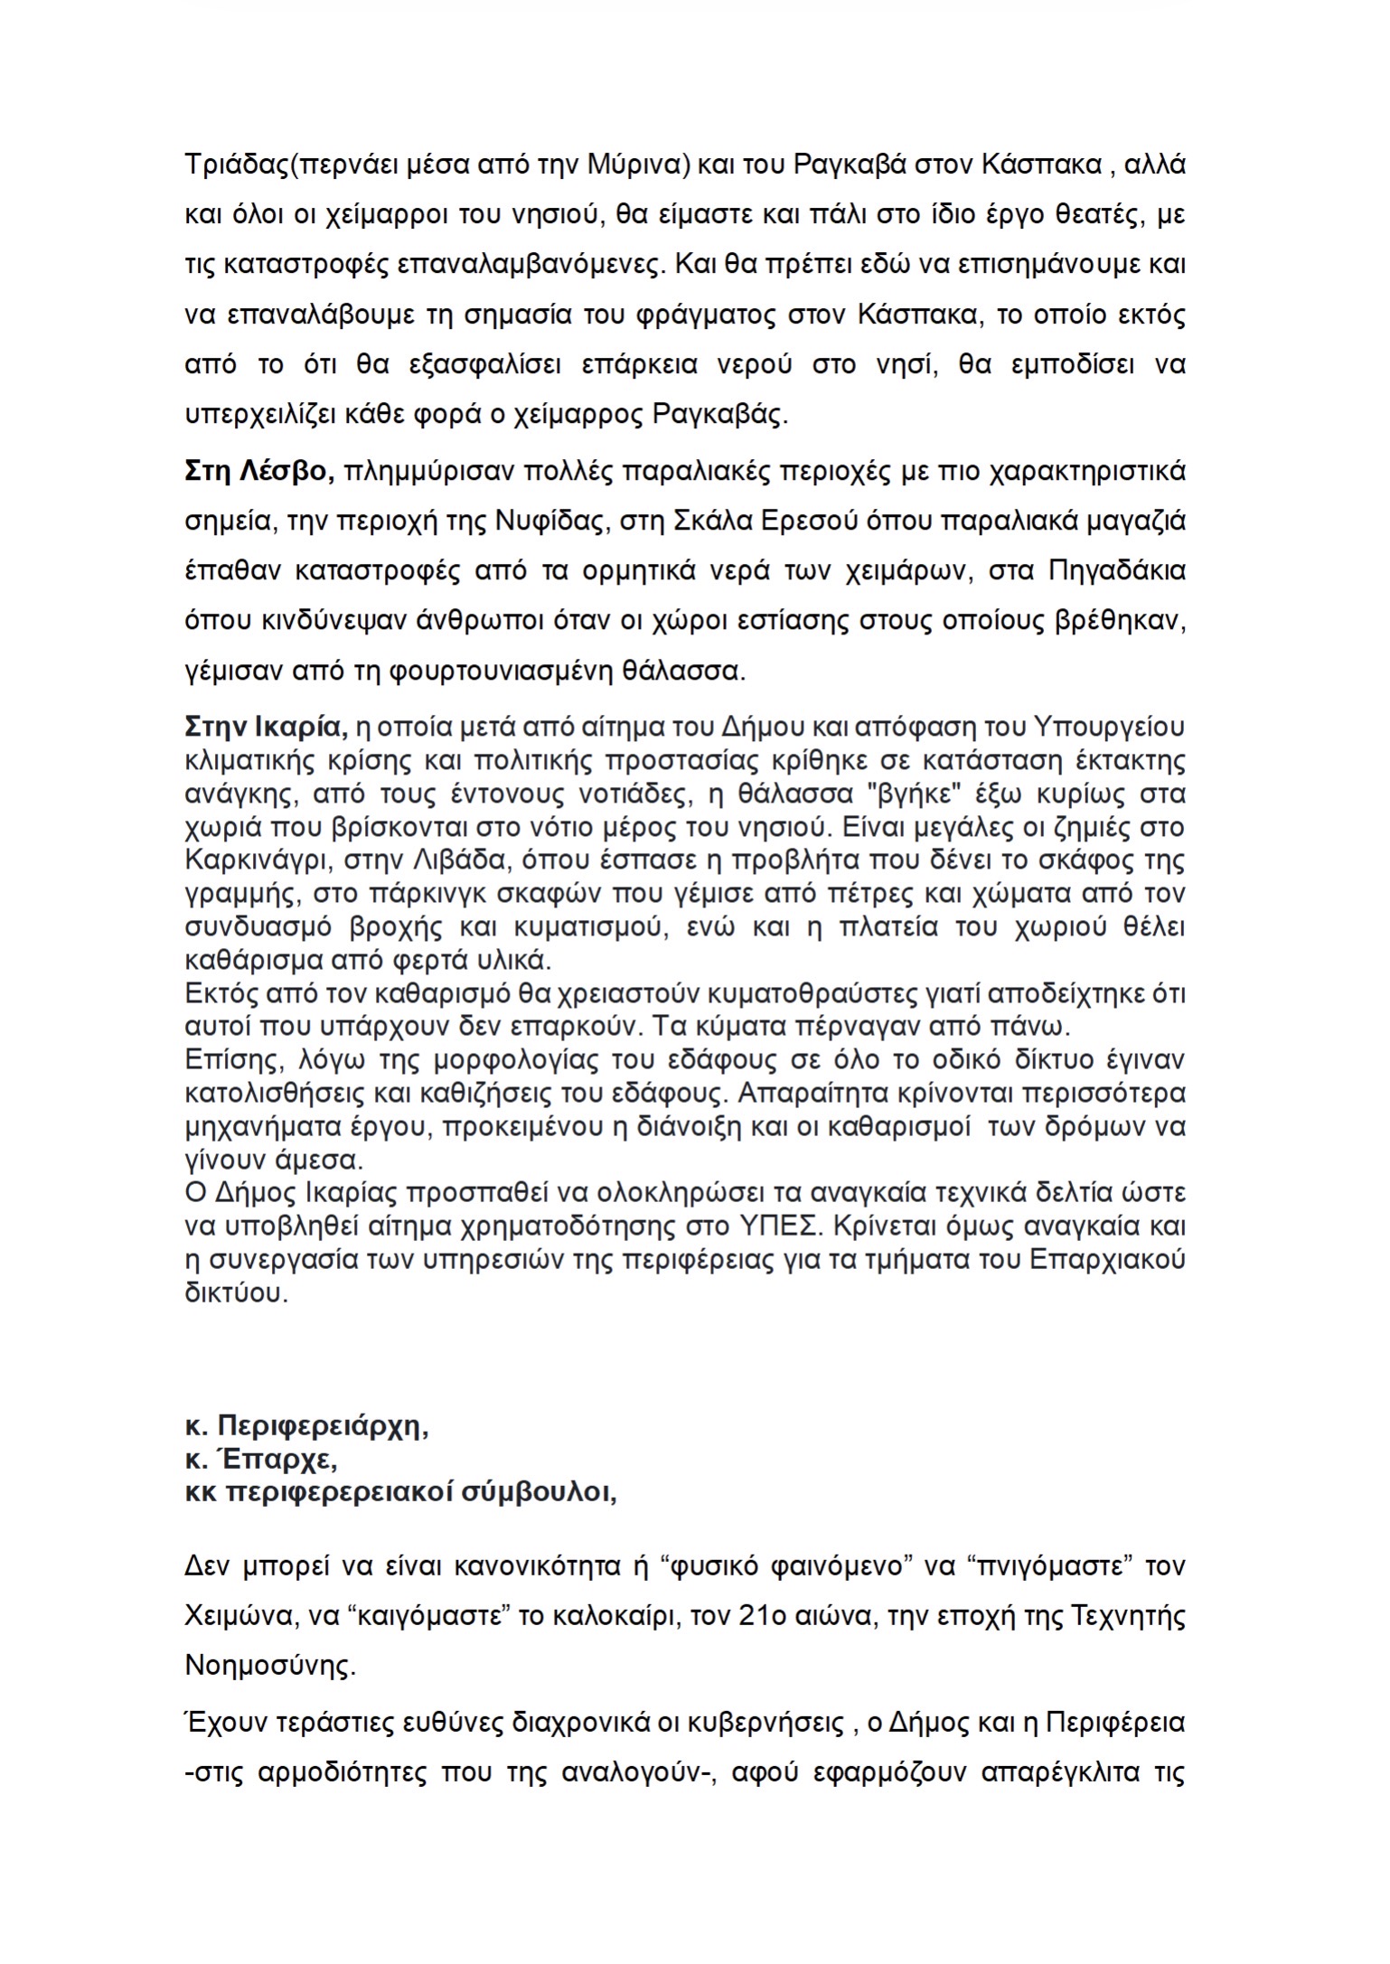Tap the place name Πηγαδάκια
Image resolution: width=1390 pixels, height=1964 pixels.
1116,571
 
